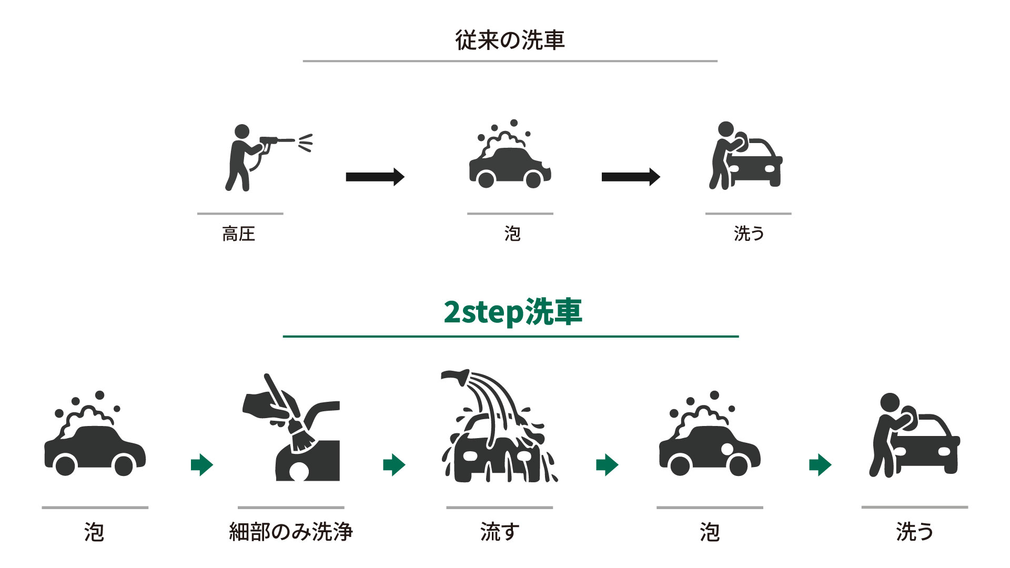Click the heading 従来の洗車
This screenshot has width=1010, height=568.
coord(510,40)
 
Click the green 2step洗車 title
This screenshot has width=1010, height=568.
coord(513,312)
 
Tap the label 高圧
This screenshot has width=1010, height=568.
coord(239,234)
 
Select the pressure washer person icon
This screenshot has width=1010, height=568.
coord(268,157)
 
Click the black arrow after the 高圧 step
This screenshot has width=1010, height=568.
coord(375,177)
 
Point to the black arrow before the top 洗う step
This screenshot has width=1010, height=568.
coord(631,177)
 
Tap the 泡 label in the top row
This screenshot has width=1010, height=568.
coord(512,234)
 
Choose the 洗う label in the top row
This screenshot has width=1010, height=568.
coord(749,234)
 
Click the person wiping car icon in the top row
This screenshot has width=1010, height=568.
coord(745,155)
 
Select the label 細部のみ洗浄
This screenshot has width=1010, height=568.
coord(291,532)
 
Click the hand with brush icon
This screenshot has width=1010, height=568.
coord(291,427)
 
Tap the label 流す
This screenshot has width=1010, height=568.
coord(500,532)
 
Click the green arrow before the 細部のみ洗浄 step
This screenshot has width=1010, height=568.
coord(202,464)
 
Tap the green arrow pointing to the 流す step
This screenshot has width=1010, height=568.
coord(395,464)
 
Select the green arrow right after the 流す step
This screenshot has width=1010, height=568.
coord(607,464)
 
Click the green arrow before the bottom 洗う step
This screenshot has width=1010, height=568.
coord(820,464)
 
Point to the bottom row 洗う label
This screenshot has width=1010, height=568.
coord(915,532)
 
